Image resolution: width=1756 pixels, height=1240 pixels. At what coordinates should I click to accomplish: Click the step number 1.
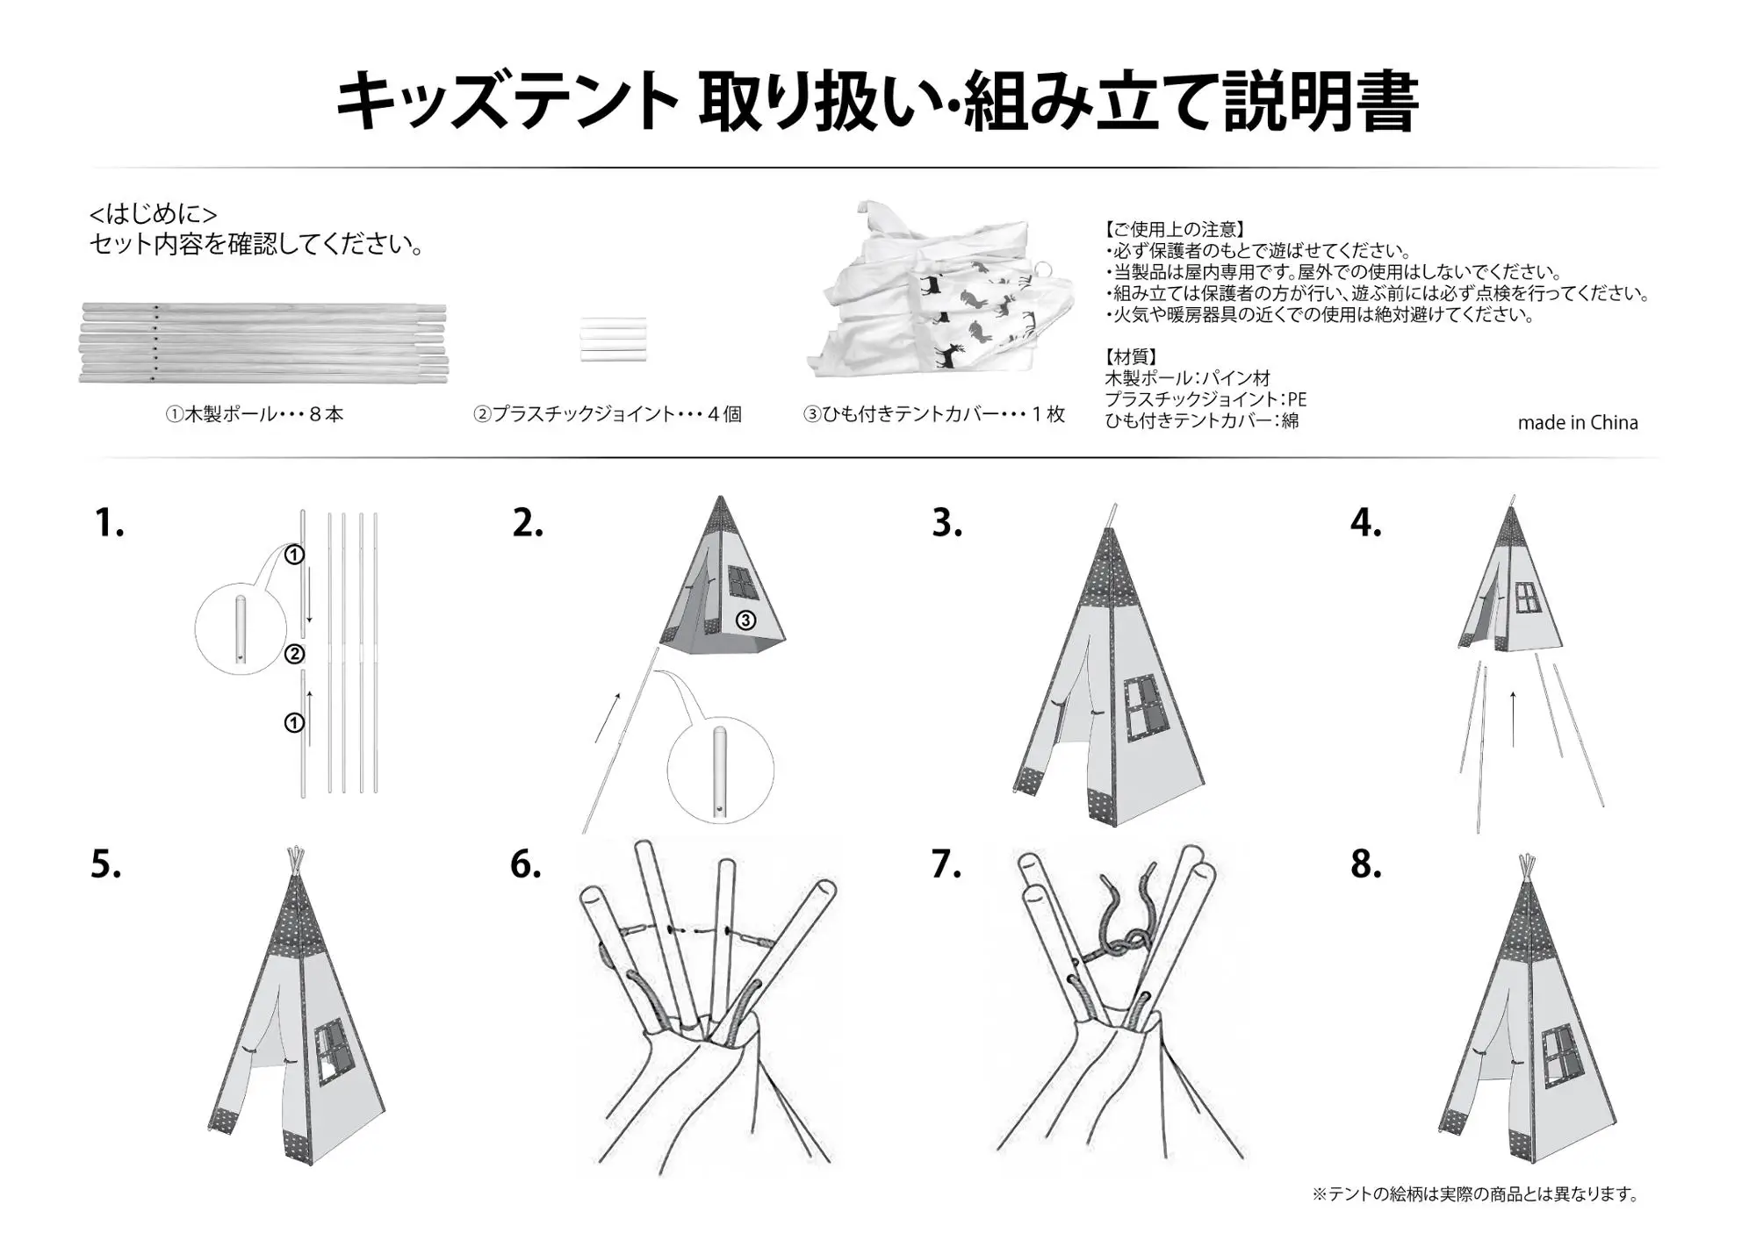(109, 523)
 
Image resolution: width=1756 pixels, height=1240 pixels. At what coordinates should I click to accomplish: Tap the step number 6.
(526, 864)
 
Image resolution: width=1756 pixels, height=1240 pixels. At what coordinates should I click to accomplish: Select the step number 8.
(1366, 864)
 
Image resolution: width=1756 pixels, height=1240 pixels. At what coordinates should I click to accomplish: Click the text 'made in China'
(1578, 422)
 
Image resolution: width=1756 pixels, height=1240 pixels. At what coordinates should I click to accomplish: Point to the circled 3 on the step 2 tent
(745, 620)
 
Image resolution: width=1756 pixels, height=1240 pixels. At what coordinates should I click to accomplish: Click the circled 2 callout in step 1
(294, 654)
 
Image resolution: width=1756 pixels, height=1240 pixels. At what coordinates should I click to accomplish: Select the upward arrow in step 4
(1513, 719)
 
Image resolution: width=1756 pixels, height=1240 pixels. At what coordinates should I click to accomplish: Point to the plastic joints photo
(613, 340)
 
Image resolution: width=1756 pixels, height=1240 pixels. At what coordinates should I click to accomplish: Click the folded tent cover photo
(940, 290)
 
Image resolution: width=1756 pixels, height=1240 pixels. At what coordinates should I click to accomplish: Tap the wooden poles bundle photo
(263, 343)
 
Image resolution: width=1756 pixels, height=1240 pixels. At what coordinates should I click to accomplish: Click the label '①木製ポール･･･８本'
(255, 414)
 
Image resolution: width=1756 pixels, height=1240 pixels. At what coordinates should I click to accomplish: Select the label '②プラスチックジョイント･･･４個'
(608, 414)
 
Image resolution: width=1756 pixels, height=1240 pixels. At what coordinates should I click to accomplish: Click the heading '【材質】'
(1131, 357)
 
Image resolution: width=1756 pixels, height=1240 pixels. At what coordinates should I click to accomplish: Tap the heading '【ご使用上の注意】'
(1175, 230)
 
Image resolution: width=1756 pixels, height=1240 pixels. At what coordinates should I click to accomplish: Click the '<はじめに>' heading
(154, 214)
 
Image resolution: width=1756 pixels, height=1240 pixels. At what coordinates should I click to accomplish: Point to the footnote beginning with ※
(1475, 1194)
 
